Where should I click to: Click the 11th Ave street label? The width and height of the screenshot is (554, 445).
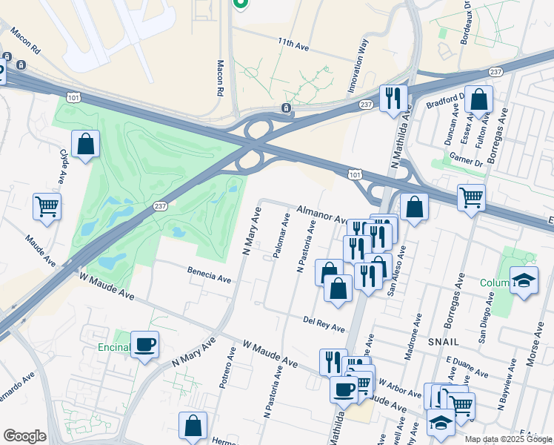[x=293, y=45]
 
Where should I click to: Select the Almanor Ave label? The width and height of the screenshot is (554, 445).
[x=321, y=214]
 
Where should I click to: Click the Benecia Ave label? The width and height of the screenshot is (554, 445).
[x=209, y=276]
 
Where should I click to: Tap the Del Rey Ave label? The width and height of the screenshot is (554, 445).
[x=324, y=323]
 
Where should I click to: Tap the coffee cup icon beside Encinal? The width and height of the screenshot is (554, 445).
[x=144, y=343]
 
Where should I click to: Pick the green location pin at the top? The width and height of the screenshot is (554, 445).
[x=239, y=3]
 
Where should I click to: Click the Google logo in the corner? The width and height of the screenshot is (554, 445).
[x=24, y=435]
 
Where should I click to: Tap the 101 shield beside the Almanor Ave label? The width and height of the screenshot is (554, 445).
[x=355, y=174]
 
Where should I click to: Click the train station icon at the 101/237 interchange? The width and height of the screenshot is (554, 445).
[x=285, y=108]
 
